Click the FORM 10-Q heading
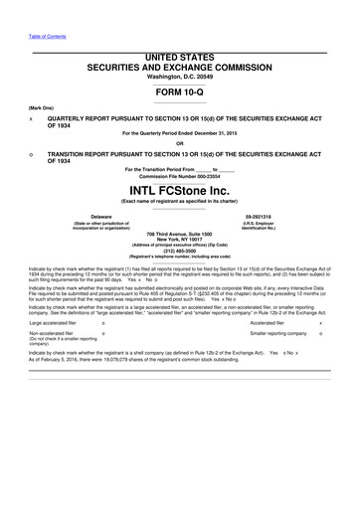tap(179, 90)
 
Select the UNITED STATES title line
tap(179, 59)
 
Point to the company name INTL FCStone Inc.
tap(179, 190)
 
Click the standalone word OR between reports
tap(179, 142)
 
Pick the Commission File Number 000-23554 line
tap(179, 176)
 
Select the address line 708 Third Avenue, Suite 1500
tap(180, 233)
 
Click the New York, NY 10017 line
tap(180, 239)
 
